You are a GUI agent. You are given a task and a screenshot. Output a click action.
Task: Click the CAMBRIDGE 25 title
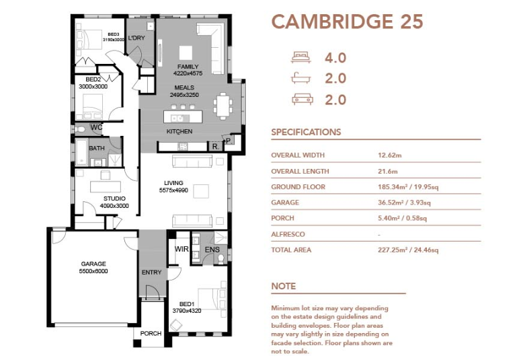348,22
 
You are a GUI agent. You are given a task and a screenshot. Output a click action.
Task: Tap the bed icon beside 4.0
301,57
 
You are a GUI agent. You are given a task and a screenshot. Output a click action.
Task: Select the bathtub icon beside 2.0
301,78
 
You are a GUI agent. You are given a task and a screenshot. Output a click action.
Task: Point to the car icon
302,100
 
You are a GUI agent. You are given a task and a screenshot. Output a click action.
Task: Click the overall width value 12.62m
389,155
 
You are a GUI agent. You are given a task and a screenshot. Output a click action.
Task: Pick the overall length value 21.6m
387,172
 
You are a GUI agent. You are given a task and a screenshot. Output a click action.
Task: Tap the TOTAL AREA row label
291,250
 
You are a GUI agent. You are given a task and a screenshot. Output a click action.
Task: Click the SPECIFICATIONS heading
306,132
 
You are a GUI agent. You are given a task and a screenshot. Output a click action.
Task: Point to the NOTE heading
284,286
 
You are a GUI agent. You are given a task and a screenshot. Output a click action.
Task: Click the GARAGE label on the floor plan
93,264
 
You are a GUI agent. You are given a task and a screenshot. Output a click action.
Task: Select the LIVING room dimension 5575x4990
173,190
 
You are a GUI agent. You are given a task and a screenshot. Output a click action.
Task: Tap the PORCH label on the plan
151,333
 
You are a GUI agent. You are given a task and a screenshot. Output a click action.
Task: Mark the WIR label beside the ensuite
182,249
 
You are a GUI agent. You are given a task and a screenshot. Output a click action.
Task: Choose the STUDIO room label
114,199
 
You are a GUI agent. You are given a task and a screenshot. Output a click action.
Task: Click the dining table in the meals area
223,106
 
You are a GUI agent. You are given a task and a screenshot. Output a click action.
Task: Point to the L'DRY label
136,38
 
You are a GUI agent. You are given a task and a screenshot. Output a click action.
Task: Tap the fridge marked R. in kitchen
216,147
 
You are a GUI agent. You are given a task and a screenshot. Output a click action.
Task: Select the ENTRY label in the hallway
151,273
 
